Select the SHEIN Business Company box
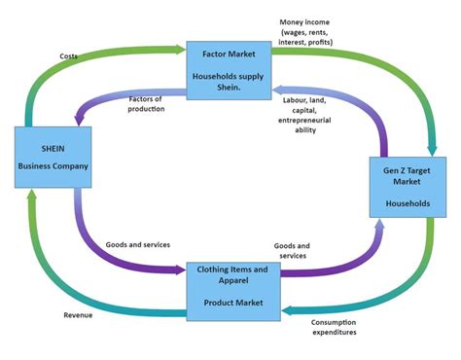pyautogui.click(x=53, y=161)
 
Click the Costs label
pyautogui.click(x=68, y=56)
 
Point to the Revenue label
pyautogui.click(x=78, y=315)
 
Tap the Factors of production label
pyautogui.click(x=146, y=104)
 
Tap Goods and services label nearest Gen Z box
pyautogui.click(x=291, y=250)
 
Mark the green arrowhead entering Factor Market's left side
pyautogui.click(x=180, y=46)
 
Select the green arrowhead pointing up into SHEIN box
pyautogui.click(x=32, y=198)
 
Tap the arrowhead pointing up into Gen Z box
pyautogui.click(x=379, y=224)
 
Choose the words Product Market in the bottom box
pyautogui.click(x=232, y=303)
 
